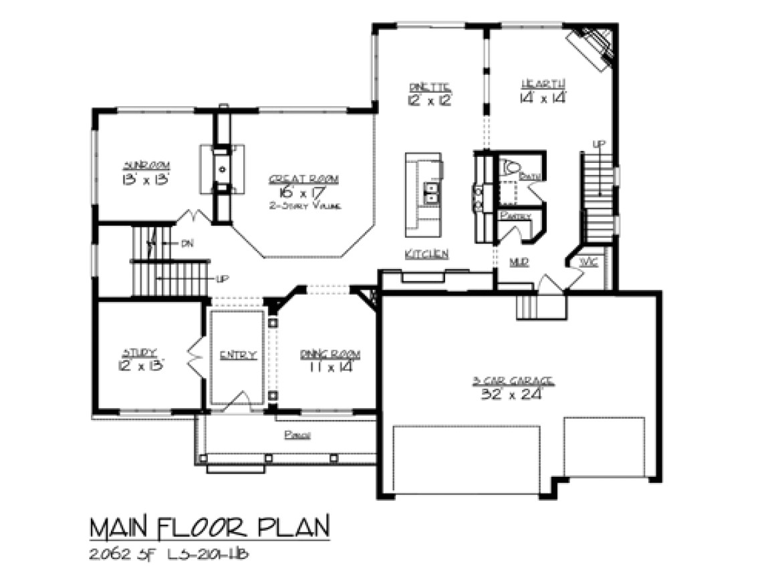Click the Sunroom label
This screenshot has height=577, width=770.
click(x=145, y=165)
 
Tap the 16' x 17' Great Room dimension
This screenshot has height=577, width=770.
click(x=304, y=193)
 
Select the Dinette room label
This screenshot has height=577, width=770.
click(x=430, y=86)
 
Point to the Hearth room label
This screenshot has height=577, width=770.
click(x=543, y=83)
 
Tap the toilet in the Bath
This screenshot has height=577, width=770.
click(x=510, y=166)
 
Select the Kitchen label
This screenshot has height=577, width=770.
click(x=426, y=254)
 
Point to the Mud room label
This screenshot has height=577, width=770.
click(x=519, y=263)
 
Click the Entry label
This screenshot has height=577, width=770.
click(x=237, y=355)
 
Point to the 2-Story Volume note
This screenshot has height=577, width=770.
click(x=305, y=206)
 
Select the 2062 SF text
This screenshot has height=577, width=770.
click(x=122, y=554)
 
